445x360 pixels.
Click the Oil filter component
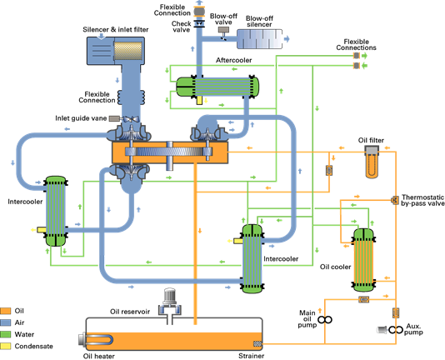click(372, 162)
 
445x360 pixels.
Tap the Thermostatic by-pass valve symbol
click(395, 200)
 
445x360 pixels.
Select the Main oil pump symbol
click(325, 320)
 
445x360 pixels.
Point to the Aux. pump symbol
click(396, 330)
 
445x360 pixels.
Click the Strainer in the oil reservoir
click(257, 344)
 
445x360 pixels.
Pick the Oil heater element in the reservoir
click(97, 340)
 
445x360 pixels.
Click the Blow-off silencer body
click(260, 39)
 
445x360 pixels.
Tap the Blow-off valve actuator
click(223, 29)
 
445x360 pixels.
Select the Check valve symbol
click(199, 23)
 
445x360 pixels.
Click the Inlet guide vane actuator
click(114, 118)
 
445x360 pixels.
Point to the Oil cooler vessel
click(363, 260)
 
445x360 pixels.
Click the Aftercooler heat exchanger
click(217, 87)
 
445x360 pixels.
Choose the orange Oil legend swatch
click(5, 311)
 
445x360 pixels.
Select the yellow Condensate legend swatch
click(5, 346)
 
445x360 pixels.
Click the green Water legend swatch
click(5, 334)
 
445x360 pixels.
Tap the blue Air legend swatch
click(5, 322)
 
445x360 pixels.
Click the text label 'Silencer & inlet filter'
click(116, 29)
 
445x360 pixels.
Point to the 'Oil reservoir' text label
click(130, 312)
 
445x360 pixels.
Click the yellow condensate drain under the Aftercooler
click(199, 100)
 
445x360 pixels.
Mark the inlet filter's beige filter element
click(128, 51)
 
